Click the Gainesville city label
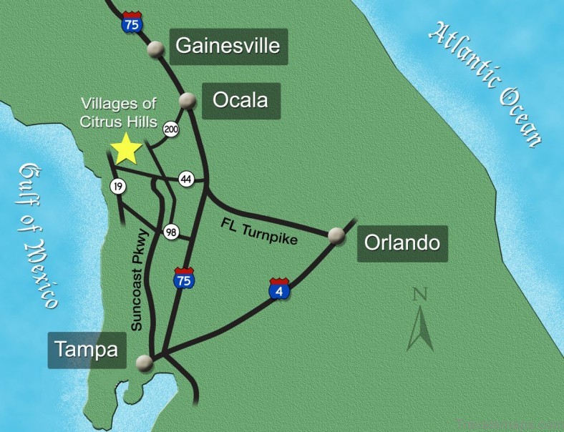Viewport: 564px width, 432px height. (228, 47)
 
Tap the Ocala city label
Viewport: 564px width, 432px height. (240, 100)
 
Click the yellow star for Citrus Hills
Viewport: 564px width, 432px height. (127, 149)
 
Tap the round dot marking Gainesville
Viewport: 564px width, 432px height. (155, 49)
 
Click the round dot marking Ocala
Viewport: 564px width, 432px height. (188, 101)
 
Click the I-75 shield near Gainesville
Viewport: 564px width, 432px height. (130, 22)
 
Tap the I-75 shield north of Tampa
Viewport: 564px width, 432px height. (183, 278)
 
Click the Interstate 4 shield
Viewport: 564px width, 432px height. (279, 288)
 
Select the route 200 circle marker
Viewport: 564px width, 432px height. (171, 129)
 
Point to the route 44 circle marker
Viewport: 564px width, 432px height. (187, 179)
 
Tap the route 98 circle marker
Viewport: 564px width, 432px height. (171, 233)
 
